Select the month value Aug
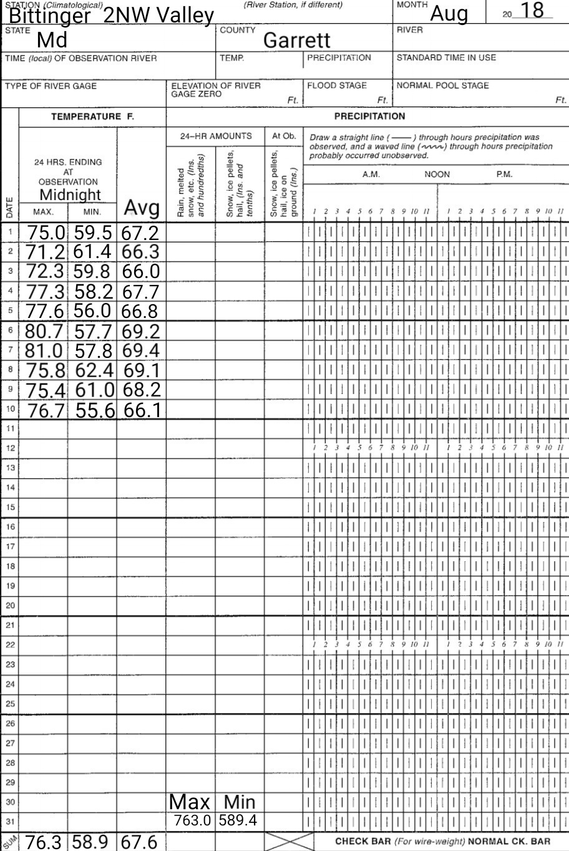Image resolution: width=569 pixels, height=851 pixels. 449,12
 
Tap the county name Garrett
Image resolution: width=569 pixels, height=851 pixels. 296,41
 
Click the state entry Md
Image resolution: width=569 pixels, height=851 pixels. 52,41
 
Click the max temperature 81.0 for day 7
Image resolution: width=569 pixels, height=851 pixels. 45,351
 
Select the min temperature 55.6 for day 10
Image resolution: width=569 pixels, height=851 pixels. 96,410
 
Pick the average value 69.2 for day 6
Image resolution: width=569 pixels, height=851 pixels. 141,331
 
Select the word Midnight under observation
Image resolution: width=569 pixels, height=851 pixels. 70,195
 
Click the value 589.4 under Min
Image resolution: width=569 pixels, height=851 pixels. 238,820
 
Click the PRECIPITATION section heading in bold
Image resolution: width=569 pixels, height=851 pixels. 369,116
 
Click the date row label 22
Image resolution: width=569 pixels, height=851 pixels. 10,645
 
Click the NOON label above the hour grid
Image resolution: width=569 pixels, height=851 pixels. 437,175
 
